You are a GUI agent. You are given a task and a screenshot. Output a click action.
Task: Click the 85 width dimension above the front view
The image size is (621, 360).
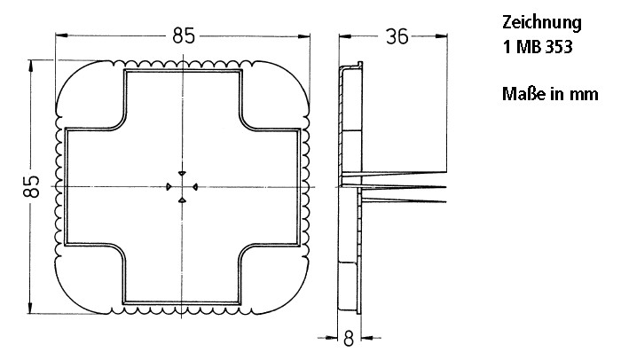pyautogui.click(x=184, y=36)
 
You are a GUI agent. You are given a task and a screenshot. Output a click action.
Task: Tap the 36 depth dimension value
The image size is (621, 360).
pyautogui.click(x=397, y=35)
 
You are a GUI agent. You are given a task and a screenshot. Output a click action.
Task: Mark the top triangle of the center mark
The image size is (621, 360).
pyautogui.click(x=181, y=172)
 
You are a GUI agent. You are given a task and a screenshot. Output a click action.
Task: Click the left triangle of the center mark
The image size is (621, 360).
pyautogui.click(x=169, y=186)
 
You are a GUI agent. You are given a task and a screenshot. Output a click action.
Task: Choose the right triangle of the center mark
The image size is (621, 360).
pyautogui.click(x=194, y=186)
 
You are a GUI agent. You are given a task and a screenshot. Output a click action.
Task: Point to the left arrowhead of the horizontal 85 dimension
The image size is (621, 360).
pyautogui.click(x=60, y=36)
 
